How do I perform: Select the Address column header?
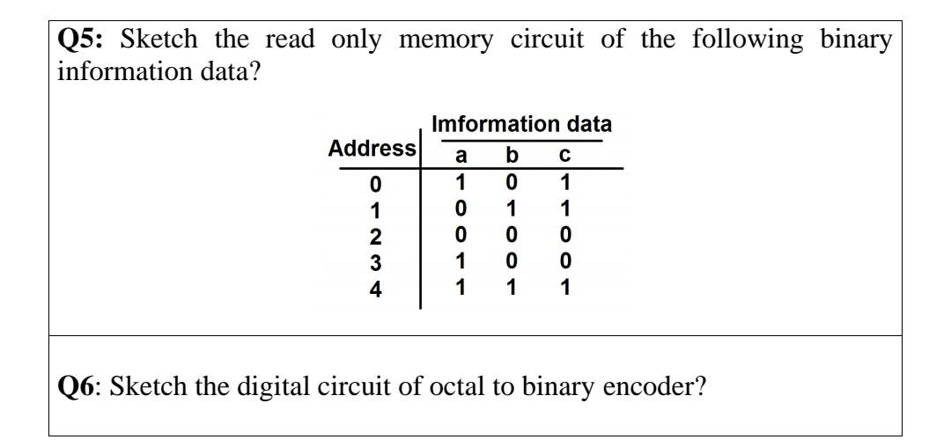372,149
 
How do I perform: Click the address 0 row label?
376,185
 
